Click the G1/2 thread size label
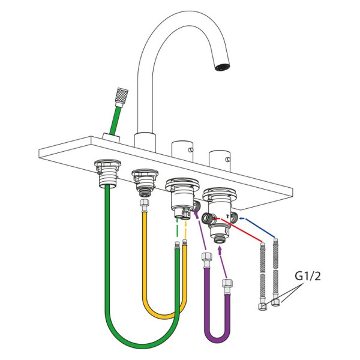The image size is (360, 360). tap(307, 276)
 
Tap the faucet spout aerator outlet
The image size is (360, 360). tap(222, 67)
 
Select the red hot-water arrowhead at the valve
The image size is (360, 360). tap(217, 218)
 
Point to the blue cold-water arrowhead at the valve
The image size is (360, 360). tap(241, 218)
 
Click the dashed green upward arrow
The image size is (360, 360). tap(177, 228)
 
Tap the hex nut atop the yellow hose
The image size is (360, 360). tap(145, 203)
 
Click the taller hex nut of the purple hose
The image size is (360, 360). tap(206, 256)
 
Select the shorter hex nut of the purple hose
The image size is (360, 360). tap(227, 283)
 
